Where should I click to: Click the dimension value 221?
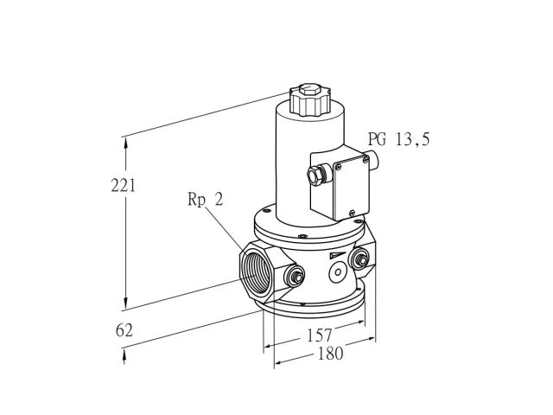(123, 186)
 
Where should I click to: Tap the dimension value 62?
(124, 330)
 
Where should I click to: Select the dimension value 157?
(320, 335)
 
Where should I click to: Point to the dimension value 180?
(330, 354)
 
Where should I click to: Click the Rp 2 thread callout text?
(206, 200)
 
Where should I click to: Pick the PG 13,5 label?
(399, 139)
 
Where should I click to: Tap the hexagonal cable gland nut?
(315, 176)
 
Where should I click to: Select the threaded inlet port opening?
(257, 273)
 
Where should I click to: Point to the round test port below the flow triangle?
(338, 272)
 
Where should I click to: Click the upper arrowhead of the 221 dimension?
(125, 143)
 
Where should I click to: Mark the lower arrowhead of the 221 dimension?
(125, 303)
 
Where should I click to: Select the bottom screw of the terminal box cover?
(352, 213)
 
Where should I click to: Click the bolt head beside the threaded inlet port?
(296, 277)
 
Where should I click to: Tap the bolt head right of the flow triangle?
(359, 259)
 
